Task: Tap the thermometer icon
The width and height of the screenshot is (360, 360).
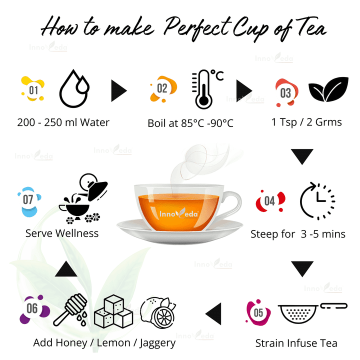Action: [202, 89]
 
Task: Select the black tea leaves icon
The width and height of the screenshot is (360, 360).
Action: [328, 90]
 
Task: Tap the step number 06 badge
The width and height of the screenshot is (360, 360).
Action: [32, 308]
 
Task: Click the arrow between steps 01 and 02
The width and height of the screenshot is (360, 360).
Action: [118, 90]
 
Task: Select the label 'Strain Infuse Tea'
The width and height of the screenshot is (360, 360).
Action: [296, 343]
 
